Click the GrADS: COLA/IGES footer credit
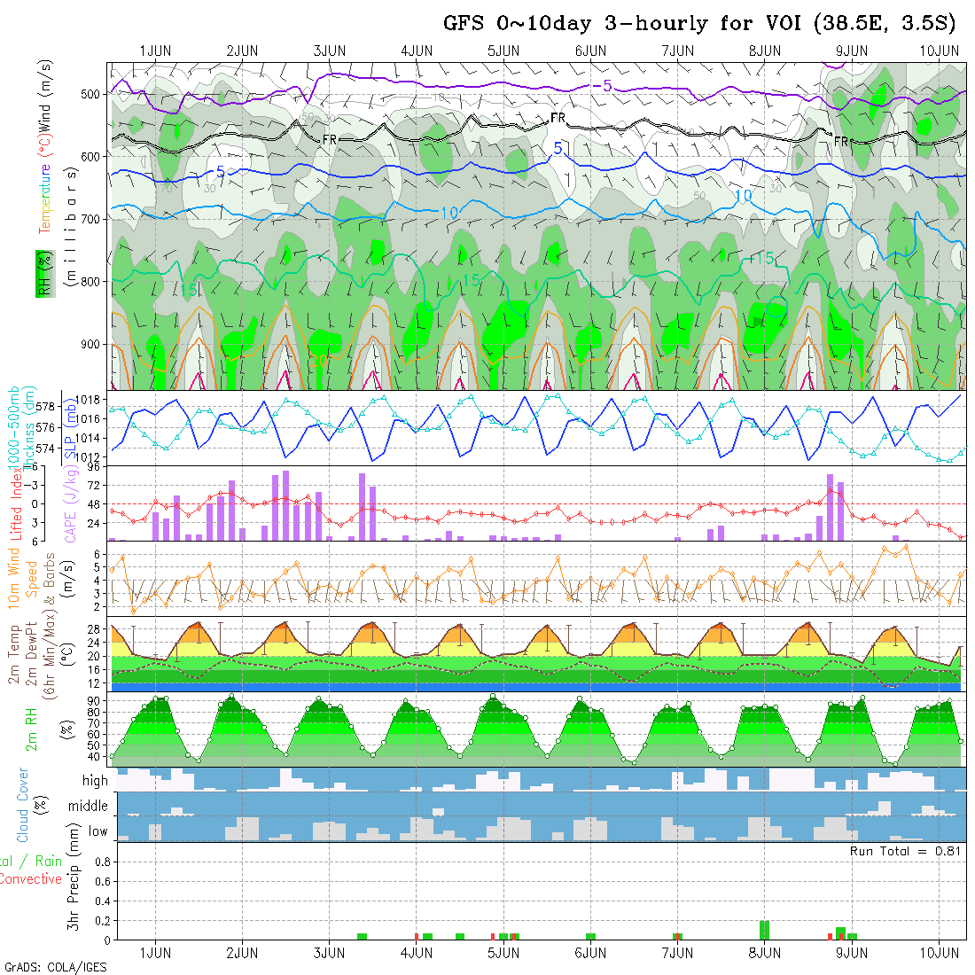click(x=55, y=966)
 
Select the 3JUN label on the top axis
click(x=330, y=51)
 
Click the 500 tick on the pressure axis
click(x=92, y=94)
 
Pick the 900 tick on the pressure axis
click(x=92, y=344)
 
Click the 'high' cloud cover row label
click(x=95, y=781)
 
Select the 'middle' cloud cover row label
click(x=89, y=807)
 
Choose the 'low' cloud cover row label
click(x=97, y=831)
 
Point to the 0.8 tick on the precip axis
click(x=101, y=861)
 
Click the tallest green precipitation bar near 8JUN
click(x=764, y=930)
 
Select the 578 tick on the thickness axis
click(x=48, y=406)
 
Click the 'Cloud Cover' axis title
click(x=23, y=806)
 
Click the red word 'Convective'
click(x=30, y=879)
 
